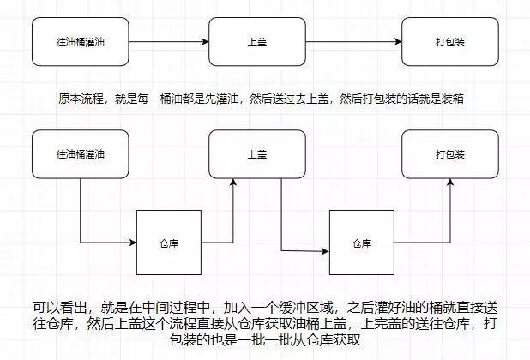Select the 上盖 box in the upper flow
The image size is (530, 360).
[257, 41]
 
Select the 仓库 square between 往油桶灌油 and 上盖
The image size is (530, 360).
[169, 243]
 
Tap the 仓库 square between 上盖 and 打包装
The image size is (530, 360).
[361, 243]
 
